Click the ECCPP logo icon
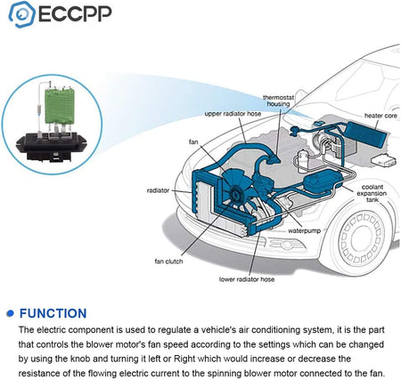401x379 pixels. [22, 14]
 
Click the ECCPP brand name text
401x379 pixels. [75, 13]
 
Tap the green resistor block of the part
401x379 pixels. [60, 106]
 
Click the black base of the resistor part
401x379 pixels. [51, 147]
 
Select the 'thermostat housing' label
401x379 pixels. [278, 101]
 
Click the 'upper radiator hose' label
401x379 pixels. [233, 114]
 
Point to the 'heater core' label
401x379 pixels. [381, 116]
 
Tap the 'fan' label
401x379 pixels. [193, 142]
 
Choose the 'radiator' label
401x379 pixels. [158, 190]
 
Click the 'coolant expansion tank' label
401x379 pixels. [372, 193]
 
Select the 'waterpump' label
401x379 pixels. [304, 230]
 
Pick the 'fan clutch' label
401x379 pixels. [168, 262]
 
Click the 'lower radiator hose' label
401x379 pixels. [247, 279]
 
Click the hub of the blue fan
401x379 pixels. [236, 195]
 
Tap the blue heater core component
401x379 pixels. [366, 135]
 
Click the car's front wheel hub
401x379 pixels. [362, 239]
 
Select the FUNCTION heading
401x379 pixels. [53, 313]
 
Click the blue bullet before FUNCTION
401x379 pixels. [11, 313]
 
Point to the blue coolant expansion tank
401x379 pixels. [323, 181]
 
